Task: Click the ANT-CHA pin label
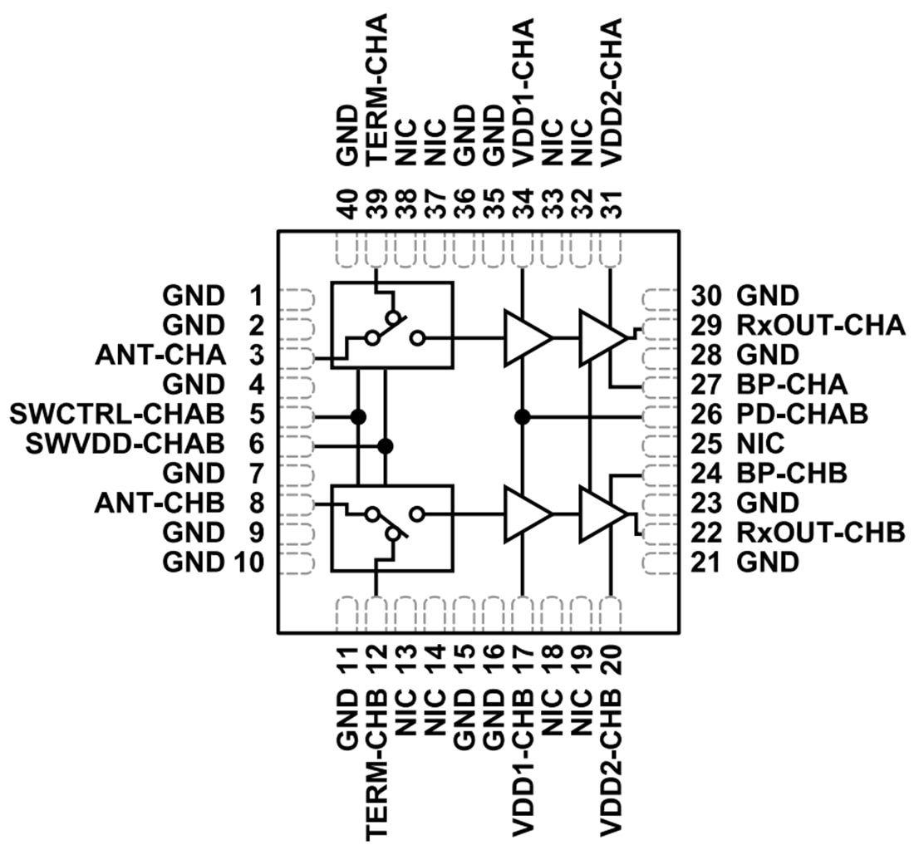(x=160, y=355)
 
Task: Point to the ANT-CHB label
(x=160, y=502)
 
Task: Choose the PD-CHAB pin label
(x=803, y=413)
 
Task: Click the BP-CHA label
(x=792, y=384)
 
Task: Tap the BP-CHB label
(x=792, y=473)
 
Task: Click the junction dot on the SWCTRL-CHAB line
(x=359, y=415)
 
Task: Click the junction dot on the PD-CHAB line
(x=523, y=415)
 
